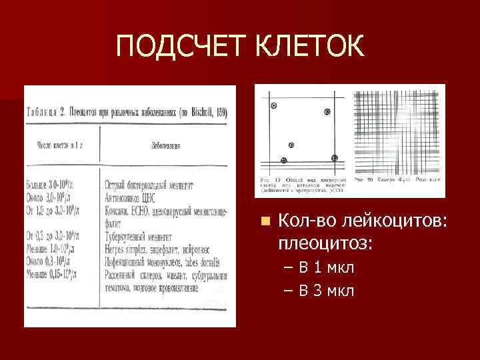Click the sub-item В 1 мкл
[x=326, y=268]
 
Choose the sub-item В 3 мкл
[x=326, y=291]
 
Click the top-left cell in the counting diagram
[x=273, y=106]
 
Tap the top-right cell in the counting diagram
[x=327, y=112]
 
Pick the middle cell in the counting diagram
[x=291, y=145]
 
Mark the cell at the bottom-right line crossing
[x=334, y=158]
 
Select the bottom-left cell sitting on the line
[x=284, y=160]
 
